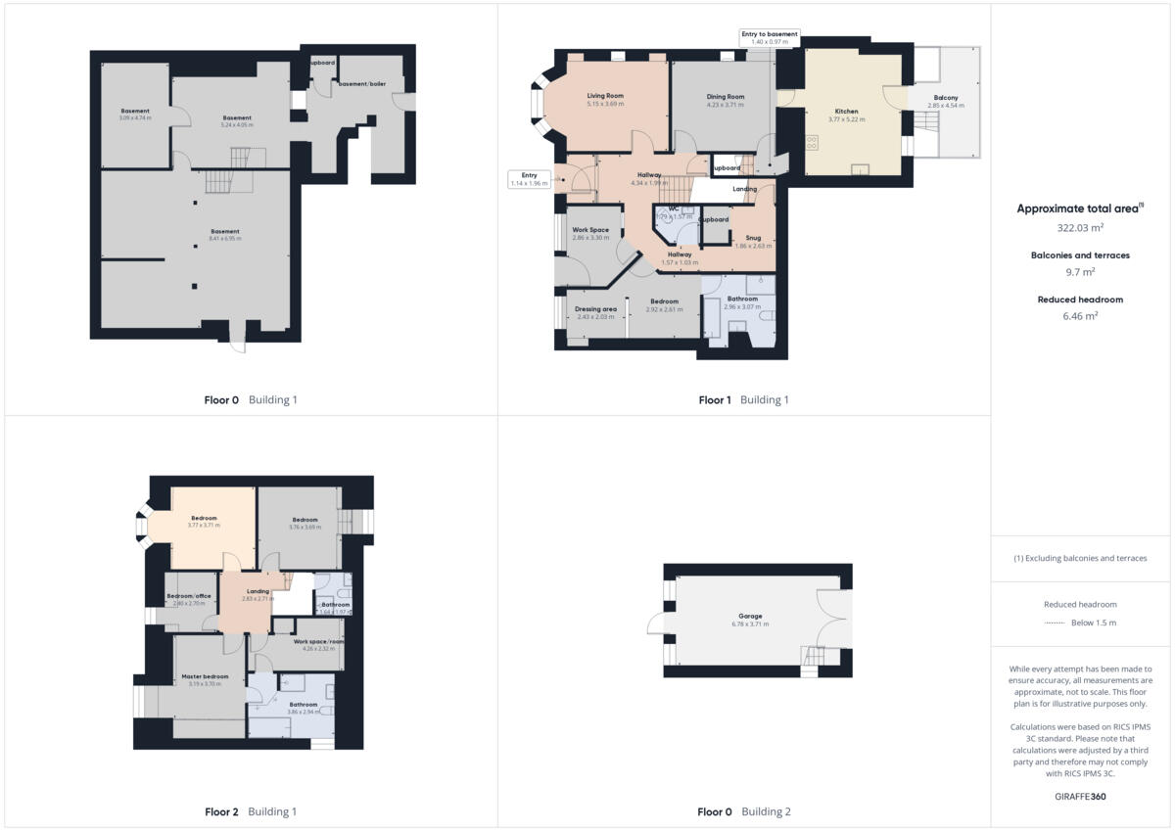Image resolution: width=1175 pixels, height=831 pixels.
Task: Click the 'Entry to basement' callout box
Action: (770, 37)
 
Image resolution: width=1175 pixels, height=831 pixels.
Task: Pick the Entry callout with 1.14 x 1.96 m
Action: (529, 179)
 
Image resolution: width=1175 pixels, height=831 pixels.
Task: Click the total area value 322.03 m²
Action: (1079, 227)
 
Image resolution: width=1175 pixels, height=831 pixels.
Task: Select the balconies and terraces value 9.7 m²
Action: (1079, 272)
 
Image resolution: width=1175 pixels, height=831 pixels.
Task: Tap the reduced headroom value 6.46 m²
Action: (1079, 316)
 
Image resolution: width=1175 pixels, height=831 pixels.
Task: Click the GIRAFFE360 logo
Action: (1079, 797)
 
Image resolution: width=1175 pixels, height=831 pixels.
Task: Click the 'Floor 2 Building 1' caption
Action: (250, 811)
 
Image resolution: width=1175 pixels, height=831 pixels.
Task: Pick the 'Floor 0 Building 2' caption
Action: (743, 811)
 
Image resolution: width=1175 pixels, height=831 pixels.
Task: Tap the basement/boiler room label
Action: (361, 84)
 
